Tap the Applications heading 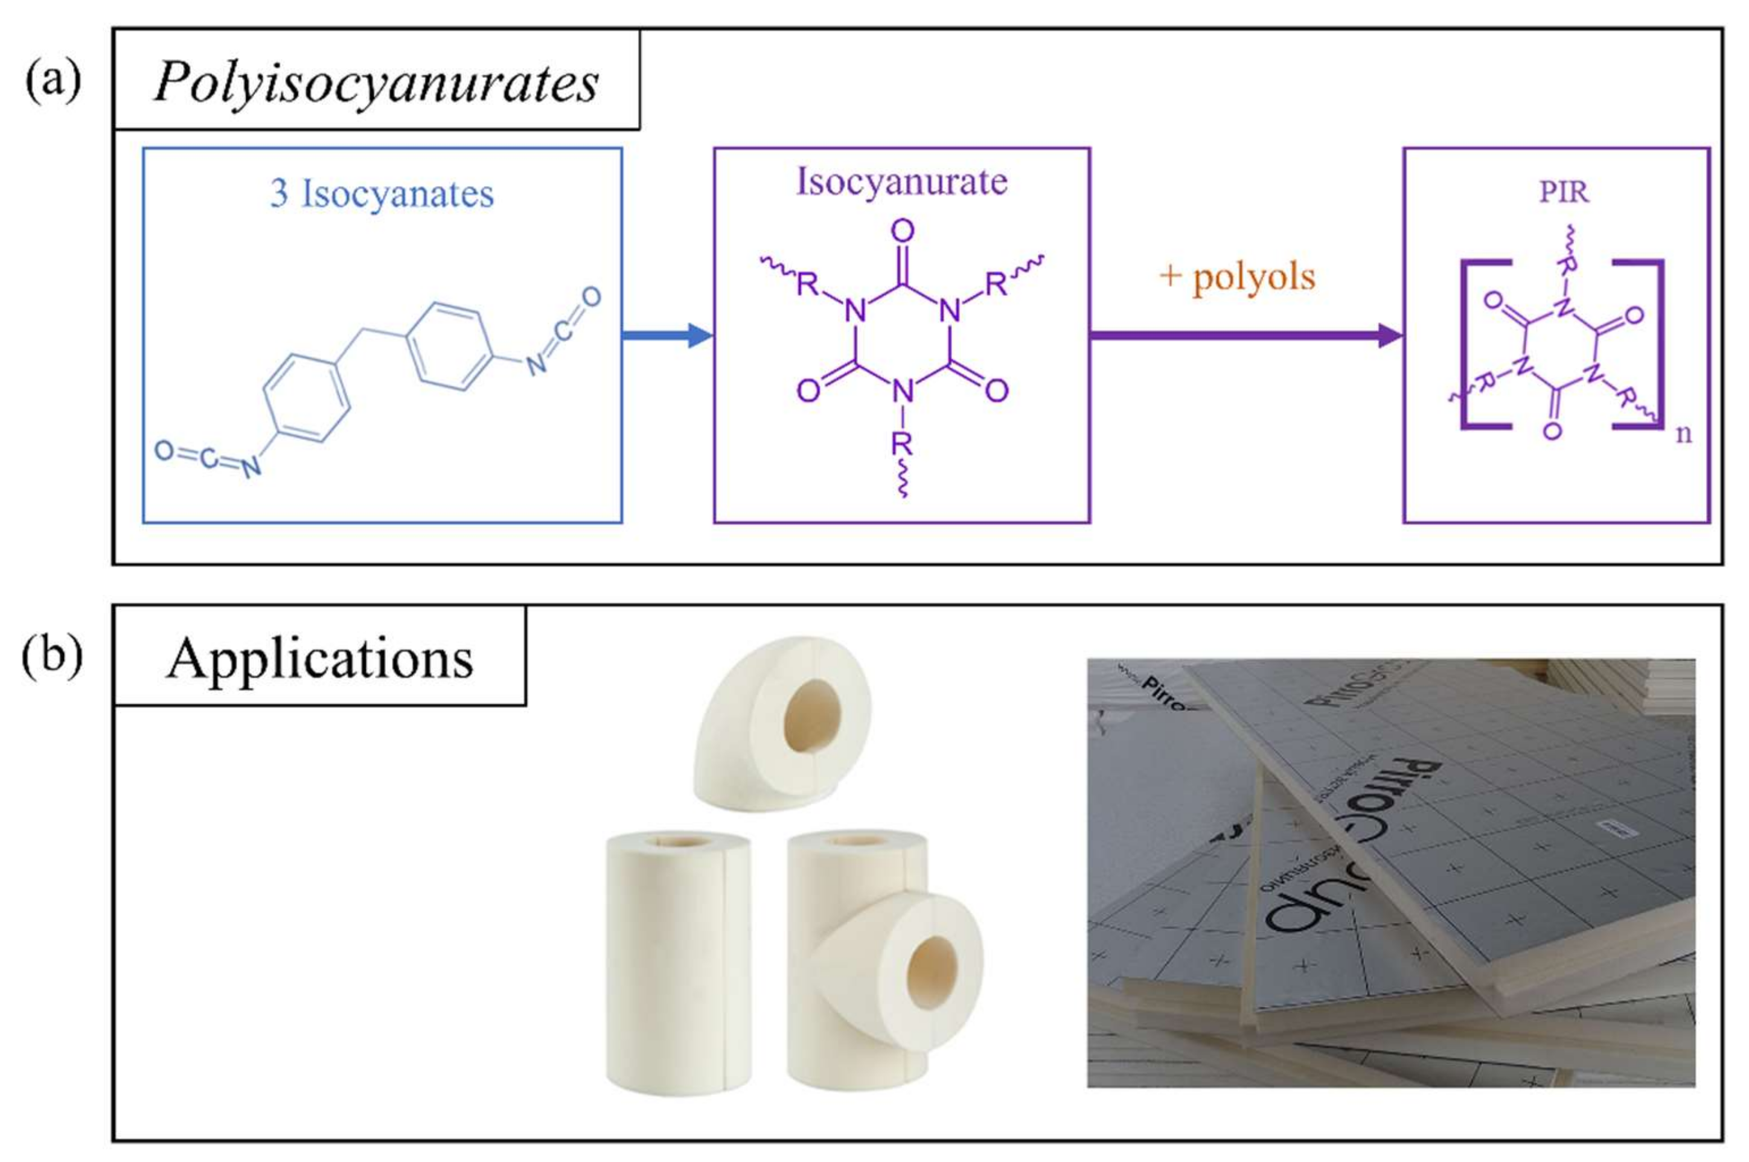coord(319,658)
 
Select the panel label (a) coord(53,80)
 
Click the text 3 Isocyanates coord(382,194)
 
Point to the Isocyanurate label coord(901,182)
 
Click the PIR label coord(1564,192)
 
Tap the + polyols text coord(1237,277)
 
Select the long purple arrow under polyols coord(1245,335)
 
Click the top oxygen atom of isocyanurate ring coord(902,231)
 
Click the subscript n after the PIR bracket coord(1683,433)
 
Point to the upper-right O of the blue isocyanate coord(590,297)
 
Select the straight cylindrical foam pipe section coord(677,963)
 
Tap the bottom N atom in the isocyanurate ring coord(902,391)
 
